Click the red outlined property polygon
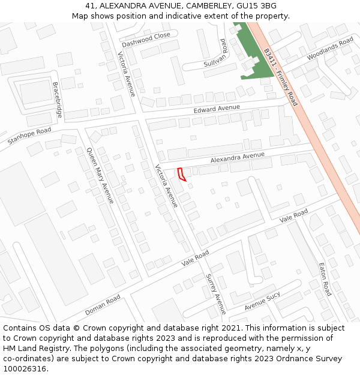[182, 175]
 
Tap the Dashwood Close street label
[146, 40]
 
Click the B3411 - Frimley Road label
[280, 77]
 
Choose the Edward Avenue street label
[217, 109]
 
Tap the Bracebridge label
[58, 99]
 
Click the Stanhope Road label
[29, 136]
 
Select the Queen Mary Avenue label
[100, 175]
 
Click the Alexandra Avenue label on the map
[237, 158]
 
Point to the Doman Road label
[103, 305]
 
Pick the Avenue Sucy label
[262, 302]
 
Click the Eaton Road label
[325, 279]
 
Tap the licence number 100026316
[24, 368]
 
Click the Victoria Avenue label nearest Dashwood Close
[127, 75]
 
